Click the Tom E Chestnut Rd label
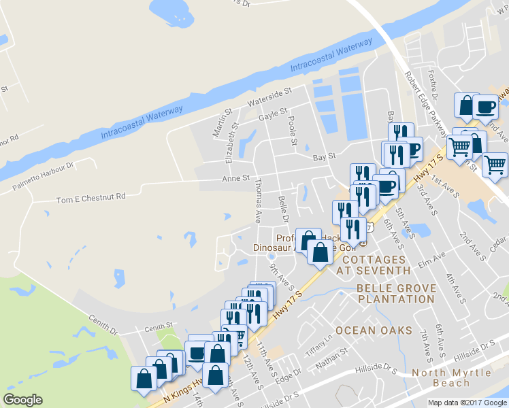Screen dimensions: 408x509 [91, 197]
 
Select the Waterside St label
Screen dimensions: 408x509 [269, 97]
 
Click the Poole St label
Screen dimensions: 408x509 [293, 130]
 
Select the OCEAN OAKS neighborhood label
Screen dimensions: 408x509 [374, 330]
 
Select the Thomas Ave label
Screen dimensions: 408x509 [257, 201]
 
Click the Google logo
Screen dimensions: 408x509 [22, 399]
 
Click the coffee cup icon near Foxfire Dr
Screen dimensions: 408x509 [486, 106]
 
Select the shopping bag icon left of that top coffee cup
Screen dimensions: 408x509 [466, 106]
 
